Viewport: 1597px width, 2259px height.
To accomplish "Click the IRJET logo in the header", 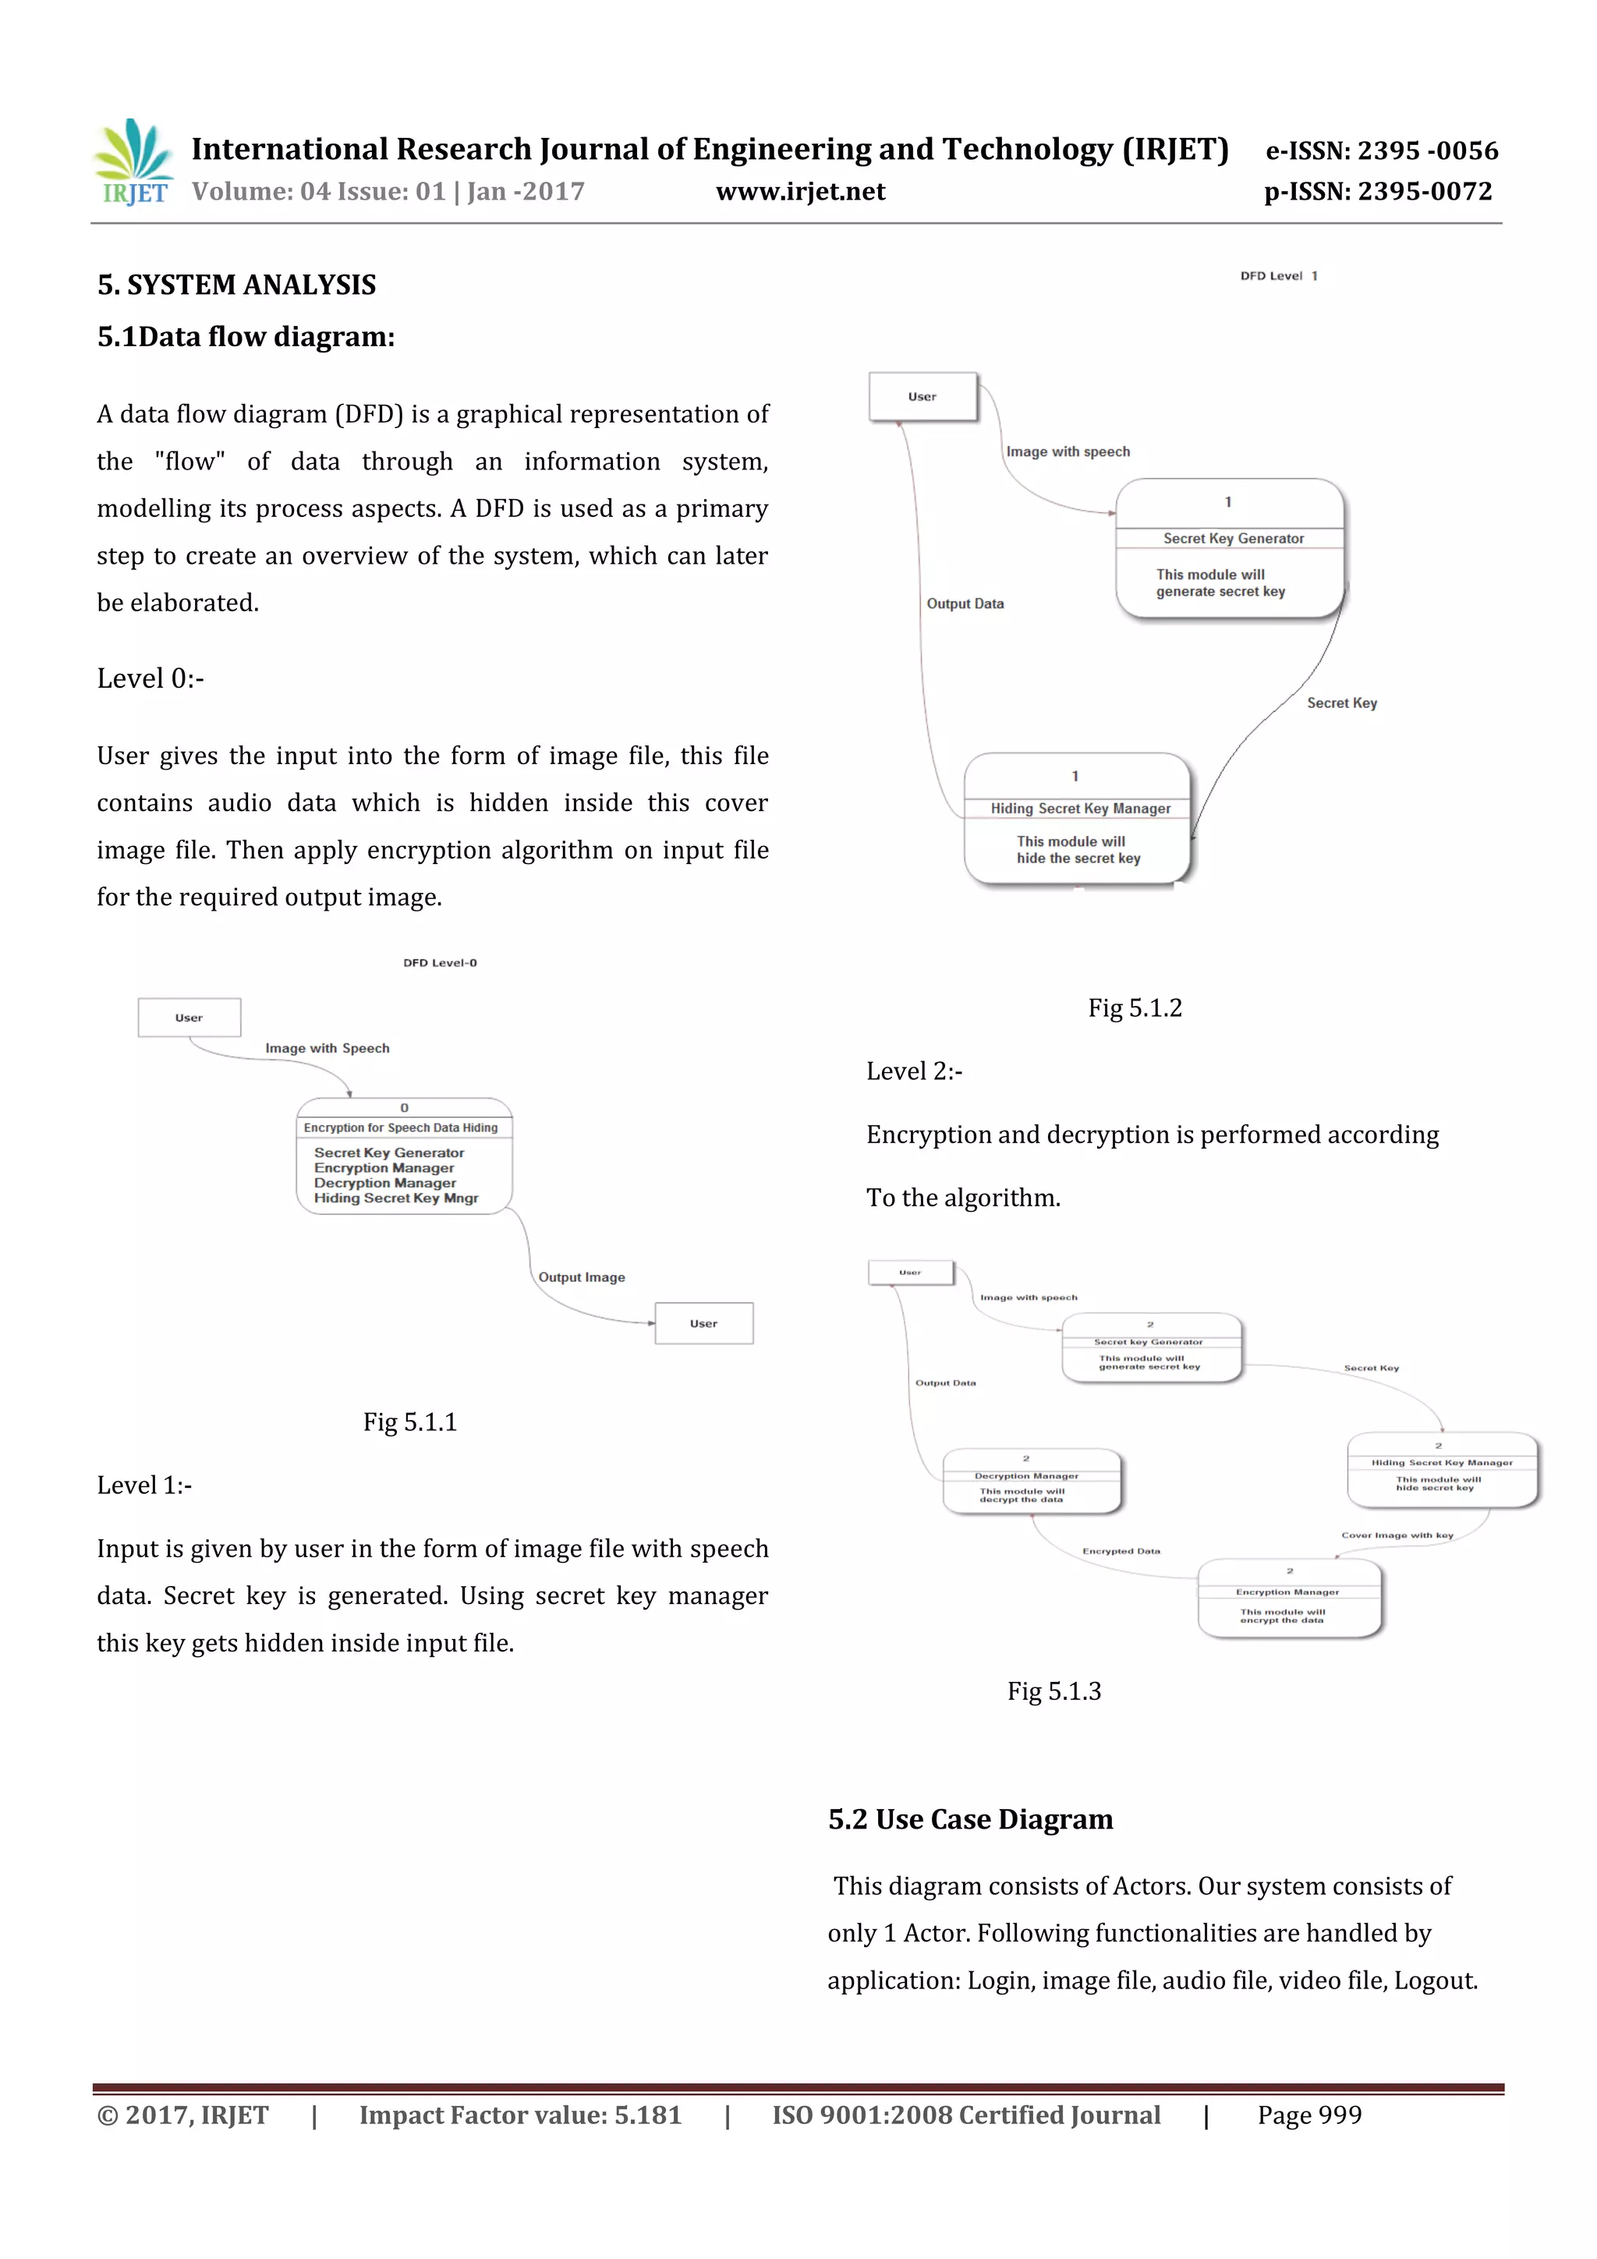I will (x=135, y=162).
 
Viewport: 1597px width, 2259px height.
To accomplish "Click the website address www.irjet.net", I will (x=800, y=192).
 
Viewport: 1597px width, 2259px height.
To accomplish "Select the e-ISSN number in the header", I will (x=1380, y=150).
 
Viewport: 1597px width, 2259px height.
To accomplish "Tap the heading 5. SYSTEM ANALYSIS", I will (x=236, y=285).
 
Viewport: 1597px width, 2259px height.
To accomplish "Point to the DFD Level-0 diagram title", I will (x=440, y=962).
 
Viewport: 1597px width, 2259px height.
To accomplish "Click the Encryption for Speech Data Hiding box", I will (x=403, y=1156).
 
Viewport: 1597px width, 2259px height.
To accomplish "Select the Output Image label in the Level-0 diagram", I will (x=582, y=1277).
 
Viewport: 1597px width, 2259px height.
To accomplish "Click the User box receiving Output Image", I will (x=703, y=1323).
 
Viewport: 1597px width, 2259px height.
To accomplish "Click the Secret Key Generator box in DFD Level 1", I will (x=1229, y=548).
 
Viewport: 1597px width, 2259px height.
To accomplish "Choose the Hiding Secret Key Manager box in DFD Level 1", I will (x=1078, y=819).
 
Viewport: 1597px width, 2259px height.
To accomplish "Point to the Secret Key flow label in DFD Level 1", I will (x=1341, y=703).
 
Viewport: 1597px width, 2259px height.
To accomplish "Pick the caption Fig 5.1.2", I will (x=1135, y=1007).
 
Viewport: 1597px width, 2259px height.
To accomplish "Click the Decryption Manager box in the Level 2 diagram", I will (x=1031, y=1481).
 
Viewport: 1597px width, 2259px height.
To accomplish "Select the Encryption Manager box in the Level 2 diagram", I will (x=1289, y=1598).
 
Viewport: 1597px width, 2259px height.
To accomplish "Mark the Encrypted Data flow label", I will (x=1121, y=1551).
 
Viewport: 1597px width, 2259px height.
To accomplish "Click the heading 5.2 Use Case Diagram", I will (x=970, y=1819).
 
